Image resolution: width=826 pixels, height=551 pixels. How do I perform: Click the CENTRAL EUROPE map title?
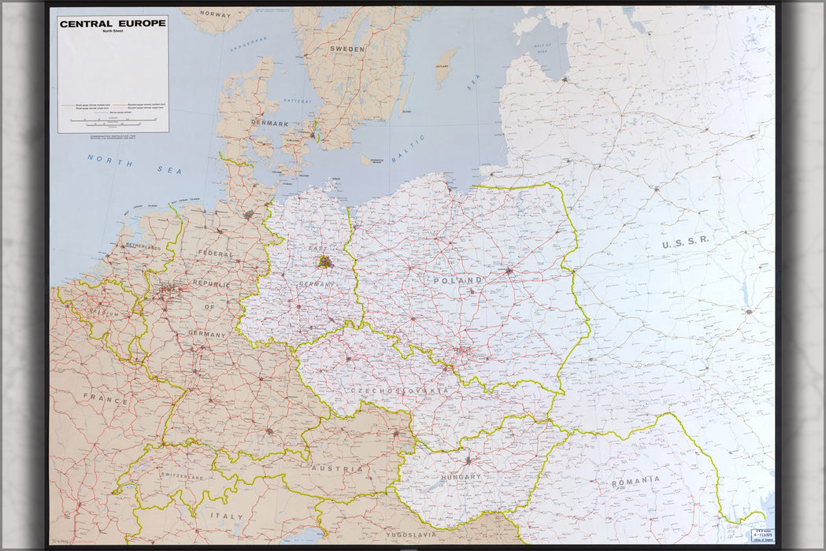pyautogui.click(x=113, y=23)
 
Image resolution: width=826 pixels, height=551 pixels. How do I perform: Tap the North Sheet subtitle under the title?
pyautogui.click(x=113, y=32)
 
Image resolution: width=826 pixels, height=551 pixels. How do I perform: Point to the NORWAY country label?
pyautogui.click(x=215, y=13)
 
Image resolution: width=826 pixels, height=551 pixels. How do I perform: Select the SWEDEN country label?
pyautogui.click(x=346, y=49)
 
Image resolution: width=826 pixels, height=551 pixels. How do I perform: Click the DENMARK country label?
pyautogui.click(x=269, y=124)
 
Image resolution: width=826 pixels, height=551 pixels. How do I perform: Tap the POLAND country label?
pyautogui.click(x=457, y=280)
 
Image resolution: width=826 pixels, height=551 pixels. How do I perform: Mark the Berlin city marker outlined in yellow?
pyautogui.click(x=324, y=261)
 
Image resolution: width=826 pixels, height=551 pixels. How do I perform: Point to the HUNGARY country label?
pyautogui.click(x=461, y=477)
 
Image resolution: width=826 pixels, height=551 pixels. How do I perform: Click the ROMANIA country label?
pyautogui.click(x=635, y=479)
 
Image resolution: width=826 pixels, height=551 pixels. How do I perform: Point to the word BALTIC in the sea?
pyautogui.click(x=409, y=149)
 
